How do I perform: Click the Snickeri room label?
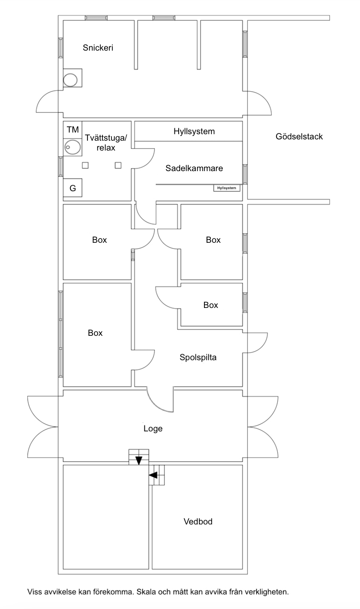point(98,48)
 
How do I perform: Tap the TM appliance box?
point(73,130)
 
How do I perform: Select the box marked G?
point(72,188)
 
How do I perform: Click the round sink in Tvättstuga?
point(72,147)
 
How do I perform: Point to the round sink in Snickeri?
point(71,79)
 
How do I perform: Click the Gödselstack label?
point(299,137)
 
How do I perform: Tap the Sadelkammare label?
point(194,169)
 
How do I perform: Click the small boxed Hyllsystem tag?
point(227,188)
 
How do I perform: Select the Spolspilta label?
point(198,357)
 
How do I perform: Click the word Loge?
point(153,428)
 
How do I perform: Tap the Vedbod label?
point(198,522)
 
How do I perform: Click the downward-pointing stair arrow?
point(139,461)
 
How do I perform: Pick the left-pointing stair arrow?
point(153,475)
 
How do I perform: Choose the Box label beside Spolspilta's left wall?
point(95,333)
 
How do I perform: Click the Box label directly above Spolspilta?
point(210,305)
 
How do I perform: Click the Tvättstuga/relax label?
point(106,142)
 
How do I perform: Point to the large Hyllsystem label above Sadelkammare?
point(194,131)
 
